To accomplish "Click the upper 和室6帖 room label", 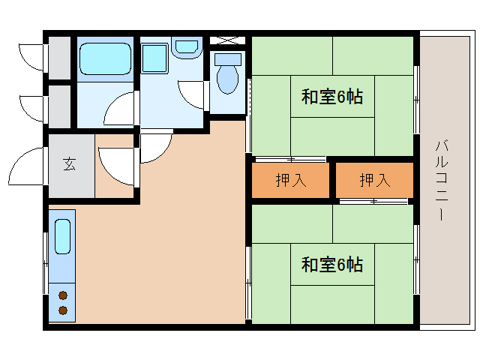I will [x=332, y=97].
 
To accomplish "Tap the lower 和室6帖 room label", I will [x=332, y=265].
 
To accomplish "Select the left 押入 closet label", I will [x=290, y=181].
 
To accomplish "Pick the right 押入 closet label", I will [x=374, y=181].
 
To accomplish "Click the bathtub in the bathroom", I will [x=105, y=57].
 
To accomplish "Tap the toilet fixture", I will [x=226, y=74].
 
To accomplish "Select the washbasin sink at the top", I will [x=185, y=47].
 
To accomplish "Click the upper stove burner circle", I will [x=62, y=295].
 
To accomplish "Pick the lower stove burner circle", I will [x=62, y=310].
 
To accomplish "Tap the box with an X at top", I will [x=226, y=39].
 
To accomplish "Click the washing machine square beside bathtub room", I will [x=154, y=58].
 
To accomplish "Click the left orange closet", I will [x=290, y=181].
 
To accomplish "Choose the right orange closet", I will [x=374, y=181].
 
